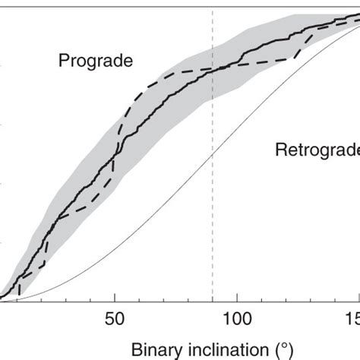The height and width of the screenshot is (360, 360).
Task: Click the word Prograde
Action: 96,61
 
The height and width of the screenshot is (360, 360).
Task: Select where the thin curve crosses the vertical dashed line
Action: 212,153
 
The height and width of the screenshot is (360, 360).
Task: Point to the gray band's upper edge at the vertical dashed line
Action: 212,48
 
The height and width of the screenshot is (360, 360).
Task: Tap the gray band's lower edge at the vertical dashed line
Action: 212,95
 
